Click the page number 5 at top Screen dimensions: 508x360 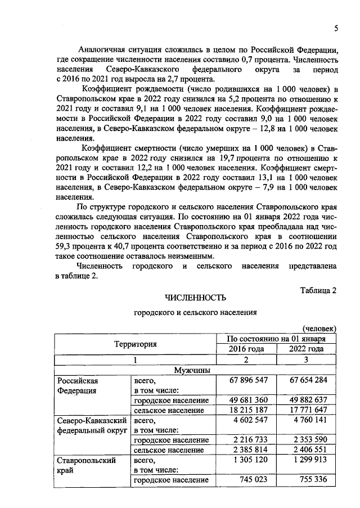[x=335, y=29]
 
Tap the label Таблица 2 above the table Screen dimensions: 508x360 [x=318, y=291]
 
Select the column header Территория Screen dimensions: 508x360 [x=136, y=344]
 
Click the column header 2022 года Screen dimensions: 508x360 [x=307, y=349]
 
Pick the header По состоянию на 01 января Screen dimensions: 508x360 [x=277, y=339]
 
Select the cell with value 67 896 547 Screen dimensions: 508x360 [x=247, y=381]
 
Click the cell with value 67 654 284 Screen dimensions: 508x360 [x=307, y=381]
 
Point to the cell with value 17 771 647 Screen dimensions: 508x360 [x=307, y=411]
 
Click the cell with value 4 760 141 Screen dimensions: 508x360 [x=307, y=420]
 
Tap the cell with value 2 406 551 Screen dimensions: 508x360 [x=307, y=450]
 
